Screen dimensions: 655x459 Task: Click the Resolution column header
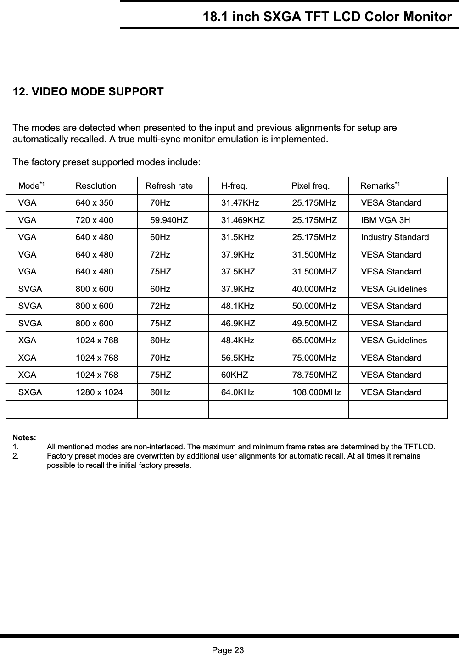click(x=95, y=186)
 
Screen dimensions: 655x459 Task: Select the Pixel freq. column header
click(x=310, y=186)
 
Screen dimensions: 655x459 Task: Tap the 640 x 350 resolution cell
click(x=94, y=203)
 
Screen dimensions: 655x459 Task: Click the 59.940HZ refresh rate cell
click(x=169, y=220)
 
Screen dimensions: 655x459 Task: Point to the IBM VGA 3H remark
click(x=386, y=220)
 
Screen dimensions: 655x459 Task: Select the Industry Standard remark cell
click(x=395, y=237)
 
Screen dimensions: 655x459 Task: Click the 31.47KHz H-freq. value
click(x=240, y=203)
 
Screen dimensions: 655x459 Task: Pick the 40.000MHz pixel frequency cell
click(x=314, y=289)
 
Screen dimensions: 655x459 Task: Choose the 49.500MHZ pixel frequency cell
click(x=314, y=324)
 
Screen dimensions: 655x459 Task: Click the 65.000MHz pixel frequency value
click(x=314, y=341)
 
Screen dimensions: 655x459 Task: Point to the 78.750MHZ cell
click(x=314, y=375)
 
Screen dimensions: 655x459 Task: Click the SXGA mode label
click(x=30, y=392)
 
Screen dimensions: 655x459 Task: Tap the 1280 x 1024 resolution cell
click(x=99, y=392)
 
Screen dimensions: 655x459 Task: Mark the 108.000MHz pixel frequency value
click(x=317, y=392)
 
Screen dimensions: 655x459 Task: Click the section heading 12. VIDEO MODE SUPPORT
click(x=88, y=92)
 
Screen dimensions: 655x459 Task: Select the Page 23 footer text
click(x=228, y=650)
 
